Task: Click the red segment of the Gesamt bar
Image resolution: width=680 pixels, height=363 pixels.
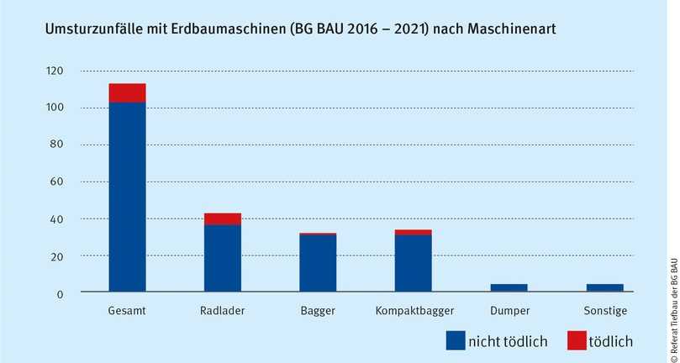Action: tap(127, 93)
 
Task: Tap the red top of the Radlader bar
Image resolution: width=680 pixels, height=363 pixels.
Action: tap(223, 219)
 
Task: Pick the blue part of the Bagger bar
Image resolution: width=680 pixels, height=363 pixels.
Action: tap(318, 264)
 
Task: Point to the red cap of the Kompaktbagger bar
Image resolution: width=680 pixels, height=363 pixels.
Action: tap(414, 233)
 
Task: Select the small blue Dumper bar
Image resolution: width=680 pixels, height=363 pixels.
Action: tap(509, 288)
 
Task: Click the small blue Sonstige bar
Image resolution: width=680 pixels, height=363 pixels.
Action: tap(604, 288)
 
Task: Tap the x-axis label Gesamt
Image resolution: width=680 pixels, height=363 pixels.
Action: tap(127, 311)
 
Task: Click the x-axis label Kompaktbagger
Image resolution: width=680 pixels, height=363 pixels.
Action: tap(414, 311)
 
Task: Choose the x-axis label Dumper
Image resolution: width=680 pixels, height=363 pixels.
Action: tap(509, 311)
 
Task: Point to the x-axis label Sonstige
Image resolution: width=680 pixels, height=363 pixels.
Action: tap(604, 311)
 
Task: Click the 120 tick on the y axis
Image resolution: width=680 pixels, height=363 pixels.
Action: tap(55, 71)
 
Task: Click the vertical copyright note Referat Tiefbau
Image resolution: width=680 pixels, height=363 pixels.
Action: tap(672, 294)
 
